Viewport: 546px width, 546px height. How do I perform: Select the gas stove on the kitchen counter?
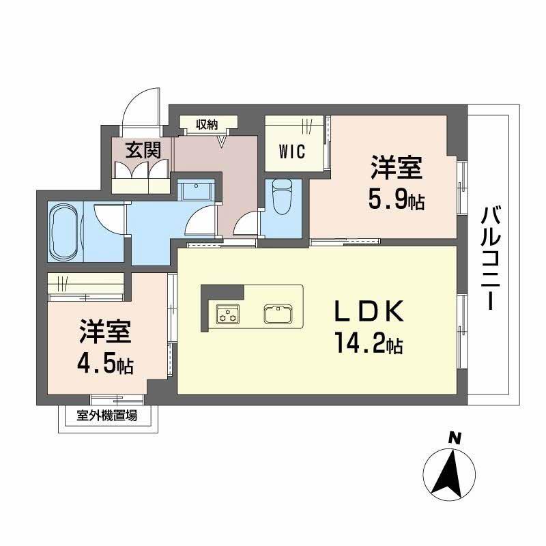point(227,314)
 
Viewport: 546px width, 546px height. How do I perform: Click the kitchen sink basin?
point(278,315)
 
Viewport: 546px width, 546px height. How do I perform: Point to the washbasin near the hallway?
point(197,190)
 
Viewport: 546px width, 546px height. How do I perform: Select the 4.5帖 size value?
point(104,362)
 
